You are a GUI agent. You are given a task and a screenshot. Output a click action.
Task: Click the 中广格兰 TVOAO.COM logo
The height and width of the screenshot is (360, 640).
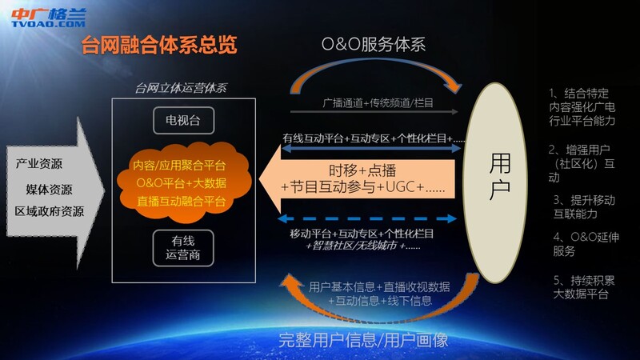point(49,18)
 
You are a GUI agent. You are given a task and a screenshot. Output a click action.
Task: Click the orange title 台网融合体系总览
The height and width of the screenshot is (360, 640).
point(159,45)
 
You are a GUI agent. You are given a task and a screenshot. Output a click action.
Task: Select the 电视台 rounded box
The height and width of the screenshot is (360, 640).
point(184,121)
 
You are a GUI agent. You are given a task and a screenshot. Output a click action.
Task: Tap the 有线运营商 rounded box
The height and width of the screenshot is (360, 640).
point(183,248)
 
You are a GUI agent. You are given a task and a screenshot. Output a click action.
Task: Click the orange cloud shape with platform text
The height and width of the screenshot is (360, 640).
point(182,183)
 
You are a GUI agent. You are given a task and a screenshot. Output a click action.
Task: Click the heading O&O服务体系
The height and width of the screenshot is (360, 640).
point(374,44)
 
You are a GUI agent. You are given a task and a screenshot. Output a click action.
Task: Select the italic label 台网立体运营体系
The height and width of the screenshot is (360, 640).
point(181,88)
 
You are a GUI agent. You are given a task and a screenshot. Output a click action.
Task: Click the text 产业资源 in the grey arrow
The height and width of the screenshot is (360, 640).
point(39,164)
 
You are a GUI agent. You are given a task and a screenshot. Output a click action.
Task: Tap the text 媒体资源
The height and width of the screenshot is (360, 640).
point(49,190)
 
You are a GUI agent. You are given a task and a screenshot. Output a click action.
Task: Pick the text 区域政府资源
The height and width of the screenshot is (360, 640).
point(50,211)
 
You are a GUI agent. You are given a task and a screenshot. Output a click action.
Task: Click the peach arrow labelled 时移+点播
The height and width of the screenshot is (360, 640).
point(357,178)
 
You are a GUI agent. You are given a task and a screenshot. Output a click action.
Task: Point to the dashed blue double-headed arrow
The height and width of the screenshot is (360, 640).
point(366,218)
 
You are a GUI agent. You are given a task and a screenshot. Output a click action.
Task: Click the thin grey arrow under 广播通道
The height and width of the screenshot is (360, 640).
point(374,111)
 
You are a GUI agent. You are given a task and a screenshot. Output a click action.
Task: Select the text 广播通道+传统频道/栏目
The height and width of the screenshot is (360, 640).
point(378,103)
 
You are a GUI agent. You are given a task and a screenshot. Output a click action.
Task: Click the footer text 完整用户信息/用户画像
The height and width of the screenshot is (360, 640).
point(363,340)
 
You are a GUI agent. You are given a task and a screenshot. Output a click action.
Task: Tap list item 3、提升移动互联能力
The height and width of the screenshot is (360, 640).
point(584,207)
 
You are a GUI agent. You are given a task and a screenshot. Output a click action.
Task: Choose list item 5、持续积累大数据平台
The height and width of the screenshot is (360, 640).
point(584,287)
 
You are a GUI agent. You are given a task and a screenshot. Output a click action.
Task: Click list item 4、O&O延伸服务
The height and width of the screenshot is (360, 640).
point(586,244)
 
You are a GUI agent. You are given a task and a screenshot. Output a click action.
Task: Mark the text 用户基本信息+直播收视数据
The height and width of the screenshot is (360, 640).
point(379,287)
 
